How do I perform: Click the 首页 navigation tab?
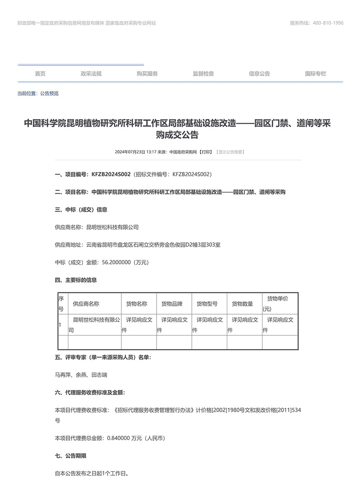coord(40,74)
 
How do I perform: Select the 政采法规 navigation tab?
coord(91,74)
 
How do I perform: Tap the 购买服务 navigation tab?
coord(147,74)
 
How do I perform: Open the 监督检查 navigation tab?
coord(203,74)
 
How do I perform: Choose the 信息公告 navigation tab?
coord(260,74)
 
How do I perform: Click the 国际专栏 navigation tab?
coord(315,74)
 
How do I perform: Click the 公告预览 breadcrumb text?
coord(49,94)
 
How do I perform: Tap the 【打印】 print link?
coord(206,152)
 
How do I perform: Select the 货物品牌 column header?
coord(172,304)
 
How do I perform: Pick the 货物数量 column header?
coord(243,304)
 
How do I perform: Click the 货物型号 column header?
coord(207,304)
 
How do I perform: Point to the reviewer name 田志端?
coord(99,374)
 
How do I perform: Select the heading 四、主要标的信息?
coord(76,280)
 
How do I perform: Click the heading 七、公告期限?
coord(70,455)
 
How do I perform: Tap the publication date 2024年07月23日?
coord(130,152)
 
